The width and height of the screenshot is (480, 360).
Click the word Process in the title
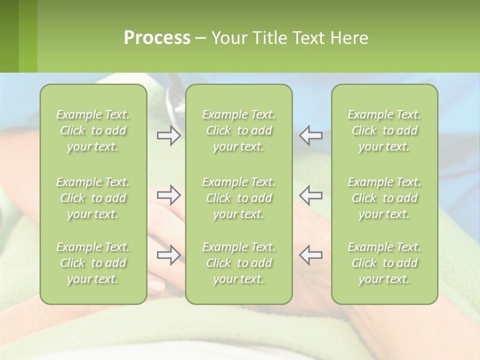(x=157, y=38)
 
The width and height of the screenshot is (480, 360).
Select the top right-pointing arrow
(x=168, y=135)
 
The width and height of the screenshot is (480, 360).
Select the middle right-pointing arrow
(x=168, y=195)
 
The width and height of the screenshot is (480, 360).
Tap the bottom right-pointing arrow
(x=168, y=255)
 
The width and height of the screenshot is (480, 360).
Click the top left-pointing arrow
(x=311, y=135)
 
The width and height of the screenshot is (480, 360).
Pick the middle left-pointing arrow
(x=311, y=195)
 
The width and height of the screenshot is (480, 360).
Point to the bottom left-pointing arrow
(x=311, y=255)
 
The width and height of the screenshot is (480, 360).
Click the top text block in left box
(x=93, y=130)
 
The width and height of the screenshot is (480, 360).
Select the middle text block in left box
(x=93, y=198)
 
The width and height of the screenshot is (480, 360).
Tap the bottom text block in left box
(x=93, y=263)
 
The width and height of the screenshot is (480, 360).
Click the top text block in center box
(x=238, y=130)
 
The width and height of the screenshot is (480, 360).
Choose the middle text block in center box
(x=238, y=198)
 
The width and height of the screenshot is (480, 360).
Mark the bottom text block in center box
(x=238, y=263)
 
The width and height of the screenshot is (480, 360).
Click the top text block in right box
(x=384, y=130)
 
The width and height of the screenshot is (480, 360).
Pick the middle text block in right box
(x=384, y=198)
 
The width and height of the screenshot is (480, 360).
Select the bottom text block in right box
(x=384, y=263)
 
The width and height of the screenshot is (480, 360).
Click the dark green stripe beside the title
(x=9, y=36)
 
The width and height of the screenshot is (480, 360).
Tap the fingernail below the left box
(x=156, y=286)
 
